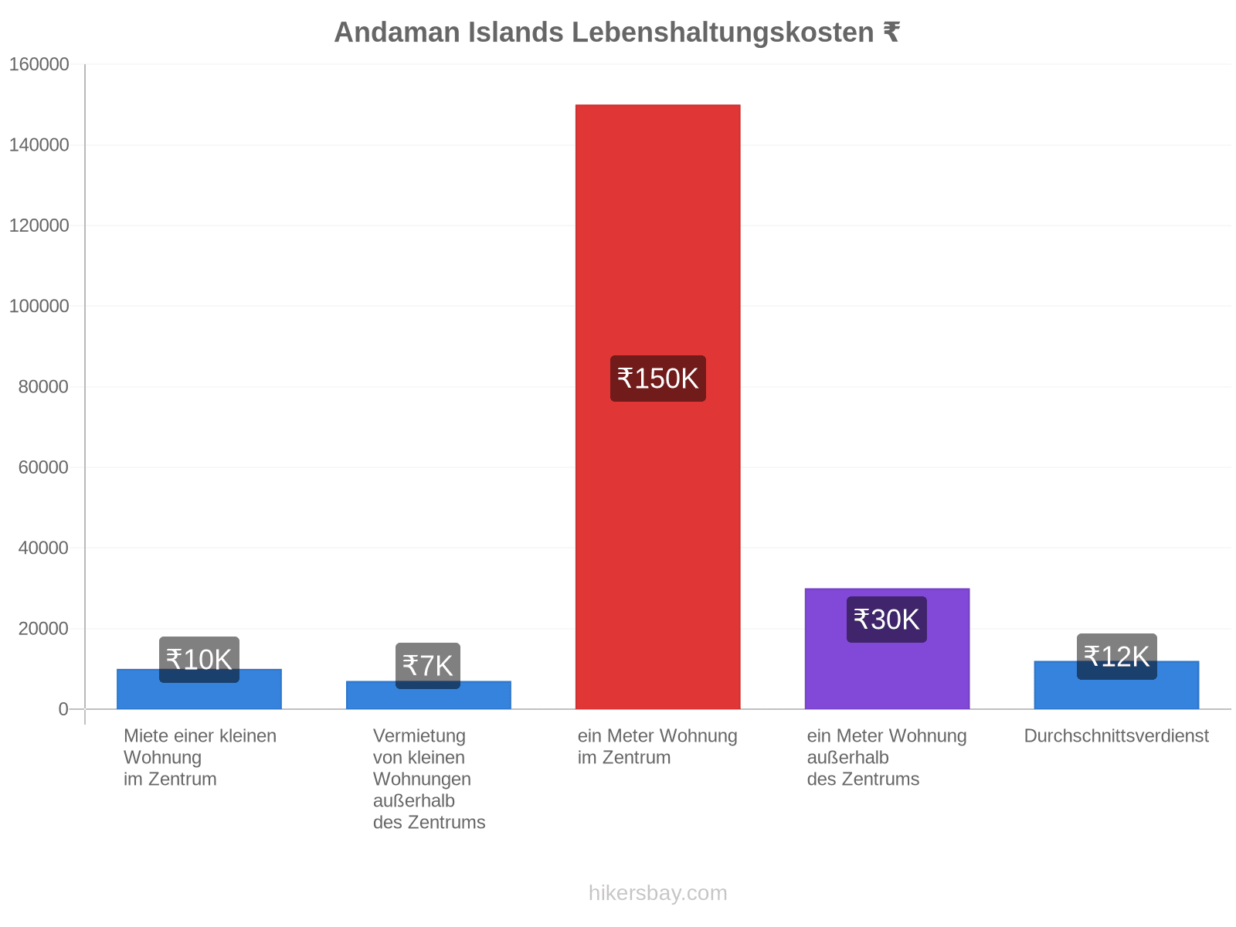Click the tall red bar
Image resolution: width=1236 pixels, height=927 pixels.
[657, 406]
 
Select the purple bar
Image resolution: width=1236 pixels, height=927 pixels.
[886, 648]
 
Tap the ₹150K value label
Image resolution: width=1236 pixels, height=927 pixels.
[657, 379]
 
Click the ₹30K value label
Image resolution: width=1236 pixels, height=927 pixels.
[886, 619]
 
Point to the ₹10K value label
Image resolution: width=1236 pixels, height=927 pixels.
[199, 659]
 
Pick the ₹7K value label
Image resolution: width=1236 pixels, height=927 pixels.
[427, 665]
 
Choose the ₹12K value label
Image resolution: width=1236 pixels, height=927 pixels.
[1116, 657]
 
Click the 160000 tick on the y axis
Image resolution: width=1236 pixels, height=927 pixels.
[39, 64]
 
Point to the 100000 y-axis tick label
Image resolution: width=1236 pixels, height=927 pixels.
[39, 306]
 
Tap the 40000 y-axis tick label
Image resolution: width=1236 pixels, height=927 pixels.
[43, 548]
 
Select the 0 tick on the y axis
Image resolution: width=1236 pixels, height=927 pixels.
[63, 708]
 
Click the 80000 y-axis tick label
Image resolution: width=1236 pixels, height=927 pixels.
[43, 387]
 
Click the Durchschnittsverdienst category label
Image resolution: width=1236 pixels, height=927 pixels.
[1116, 735]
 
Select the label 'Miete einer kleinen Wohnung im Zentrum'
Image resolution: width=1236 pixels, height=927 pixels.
[200, 757]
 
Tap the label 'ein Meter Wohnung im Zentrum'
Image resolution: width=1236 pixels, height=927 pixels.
[657, 746]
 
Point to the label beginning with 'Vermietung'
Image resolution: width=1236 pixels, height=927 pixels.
[429, 779]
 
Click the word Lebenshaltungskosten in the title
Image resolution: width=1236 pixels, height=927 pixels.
[722, 32]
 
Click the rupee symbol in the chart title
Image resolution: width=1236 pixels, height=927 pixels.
[891, 32]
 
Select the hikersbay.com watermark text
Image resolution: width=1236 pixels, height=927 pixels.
[657, 893]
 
